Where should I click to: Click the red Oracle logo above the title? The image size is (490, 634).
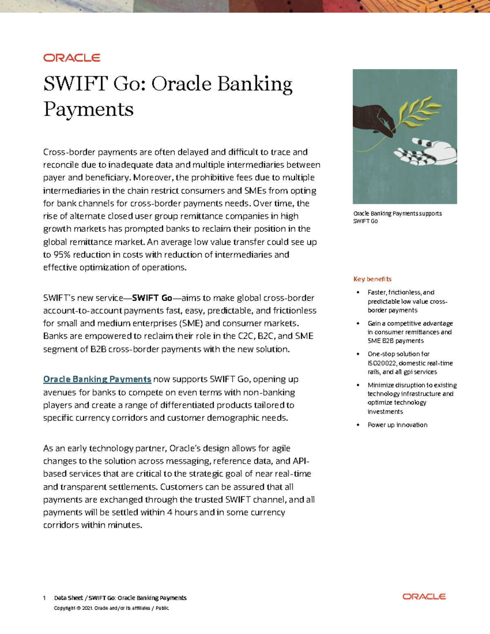(72, 58)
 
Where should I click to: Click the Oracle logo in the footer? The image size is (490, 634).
(424, 596)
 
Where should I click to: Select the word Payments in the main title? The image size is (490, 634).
(89, 109)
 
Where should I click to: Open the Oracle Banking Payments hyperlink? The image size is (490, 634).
(97, 379)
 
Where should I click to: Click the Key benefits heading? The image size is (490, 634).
(372, 279)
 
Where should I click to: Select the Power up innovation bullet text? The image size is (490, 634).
(397, 425)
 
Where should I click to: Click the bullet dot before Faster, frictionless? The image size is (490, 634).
(358, 292)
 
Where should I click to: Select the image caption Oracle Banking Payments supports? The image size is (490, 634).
(397, 214)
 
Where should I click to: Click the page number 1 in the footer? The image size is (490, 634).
(45, 598)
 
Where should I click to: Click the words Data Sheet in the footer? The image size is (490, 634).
(68, 598)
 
